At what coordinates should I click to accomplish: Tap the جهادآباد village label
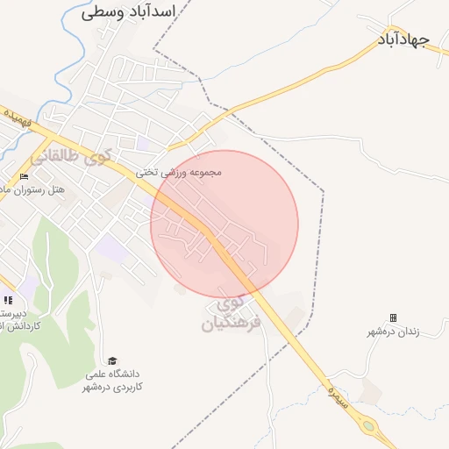tap(413, 41)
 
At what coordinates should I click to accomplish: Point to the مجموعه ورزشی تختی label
tap(178, 173)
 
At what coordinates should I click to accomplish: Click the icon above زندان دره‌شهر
tap(393, 317)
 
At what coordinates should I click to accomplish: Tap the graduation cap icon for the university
tap(111, 360)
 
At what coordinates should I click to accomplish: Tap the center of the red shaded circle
tap(224, 224)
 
